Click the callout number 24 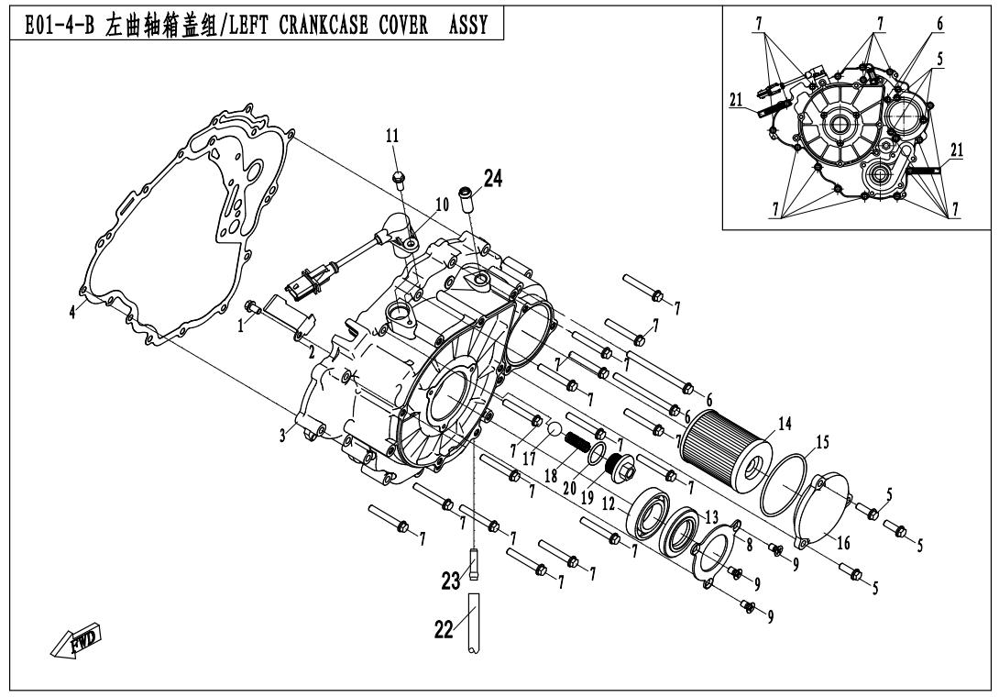(x=492, y=179)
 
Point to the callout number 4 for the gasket (x=72, y=310)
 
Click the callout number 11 (x=392, y=136)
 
